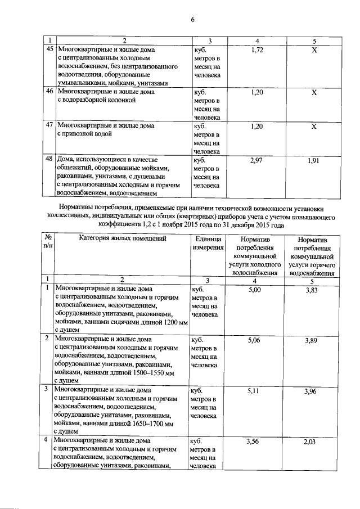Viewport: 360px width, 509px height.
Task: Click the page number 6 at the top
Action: tap(192, 21)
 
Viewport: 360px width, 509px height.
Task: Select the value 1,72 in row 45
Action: tap(256, 50)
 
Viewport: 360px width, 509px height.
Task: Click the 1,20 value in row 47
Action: tap(256, 127)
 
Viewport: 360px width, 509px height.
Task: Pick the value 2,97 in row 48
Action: tap(256, 161)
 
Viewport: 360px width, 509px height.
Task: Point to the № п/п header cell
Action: tap(48, 243)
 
